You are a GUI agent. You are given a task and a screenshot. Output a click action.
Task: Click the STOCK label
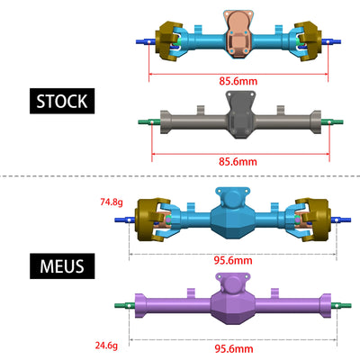click(x=62, y=101)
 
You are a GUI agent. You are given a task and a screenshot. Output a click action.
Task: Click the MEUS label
click(x=62, y=267)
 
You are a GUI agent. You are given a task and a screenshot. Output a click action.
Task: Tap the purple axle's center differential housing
click(x=237, y=303)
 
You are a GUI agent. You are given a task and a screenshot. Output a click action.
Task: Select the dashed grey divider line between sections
click(x=180, y=176)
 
